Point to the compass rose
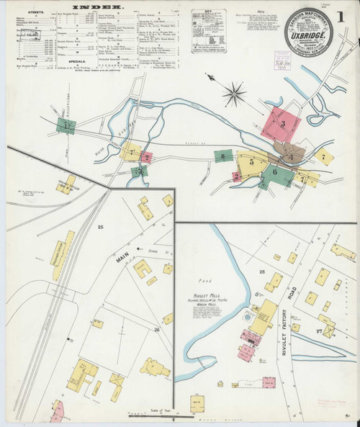click(x=233, y=91)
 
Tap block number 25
click(x=101, y=228)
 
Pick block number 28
click(x=262, y=271)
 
